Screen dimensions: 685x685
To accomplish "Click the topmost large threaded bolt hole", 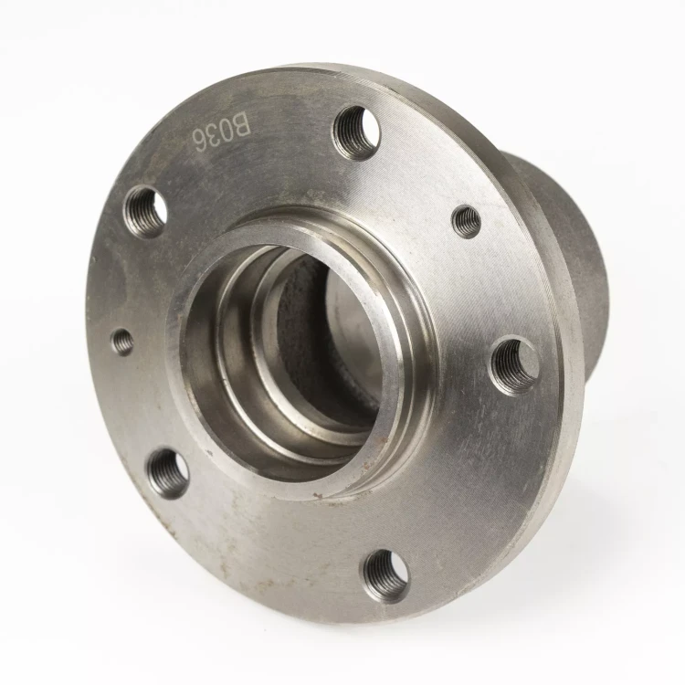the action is coord(357,132).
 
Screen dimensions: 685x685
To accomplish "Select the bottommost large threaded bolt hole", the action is coord(386,575).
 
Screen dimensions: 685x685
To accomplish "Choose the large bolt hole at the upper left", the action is coord(145,212).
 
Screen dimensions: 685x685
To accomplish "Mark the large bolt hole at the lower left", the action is coord(168,474).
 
